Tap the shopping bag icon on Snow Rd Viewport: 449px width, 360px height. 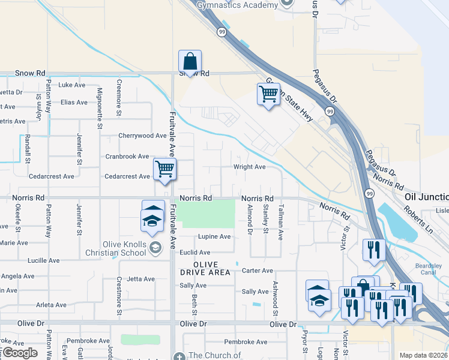pos(190,61)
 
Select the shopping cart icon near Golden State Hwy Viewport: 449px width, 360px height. pos(268,94)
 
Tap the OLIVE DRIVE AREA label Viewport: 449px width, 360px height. pos(205,268)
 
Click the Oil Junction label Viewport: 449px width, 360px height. pos(426,197)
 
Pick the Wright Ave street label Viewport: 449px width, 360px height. pos(250,167)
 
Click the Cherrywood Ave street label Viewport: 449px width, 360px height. pos(142,136)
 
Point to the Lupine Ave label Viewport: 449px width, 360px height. pos(214,236)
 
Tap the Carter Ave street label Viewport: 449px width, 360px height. pos(257,271)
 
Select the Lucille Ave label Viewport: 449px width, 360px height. pos(44,261)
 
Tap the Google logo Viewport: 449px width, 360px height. pos(19,353)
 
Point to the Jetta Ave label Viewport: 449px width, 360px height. pos(140,279)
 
